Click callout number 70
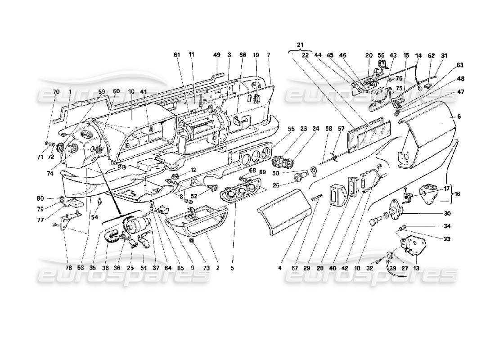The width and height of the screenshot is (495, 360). click(56, 92)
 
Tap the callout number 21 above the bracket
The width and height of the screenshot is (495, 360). click(301, 45)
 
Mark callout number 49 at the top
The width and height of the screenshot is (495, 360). click(217, 55)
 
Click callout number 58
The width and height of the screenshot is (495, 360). click(328, 128)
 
